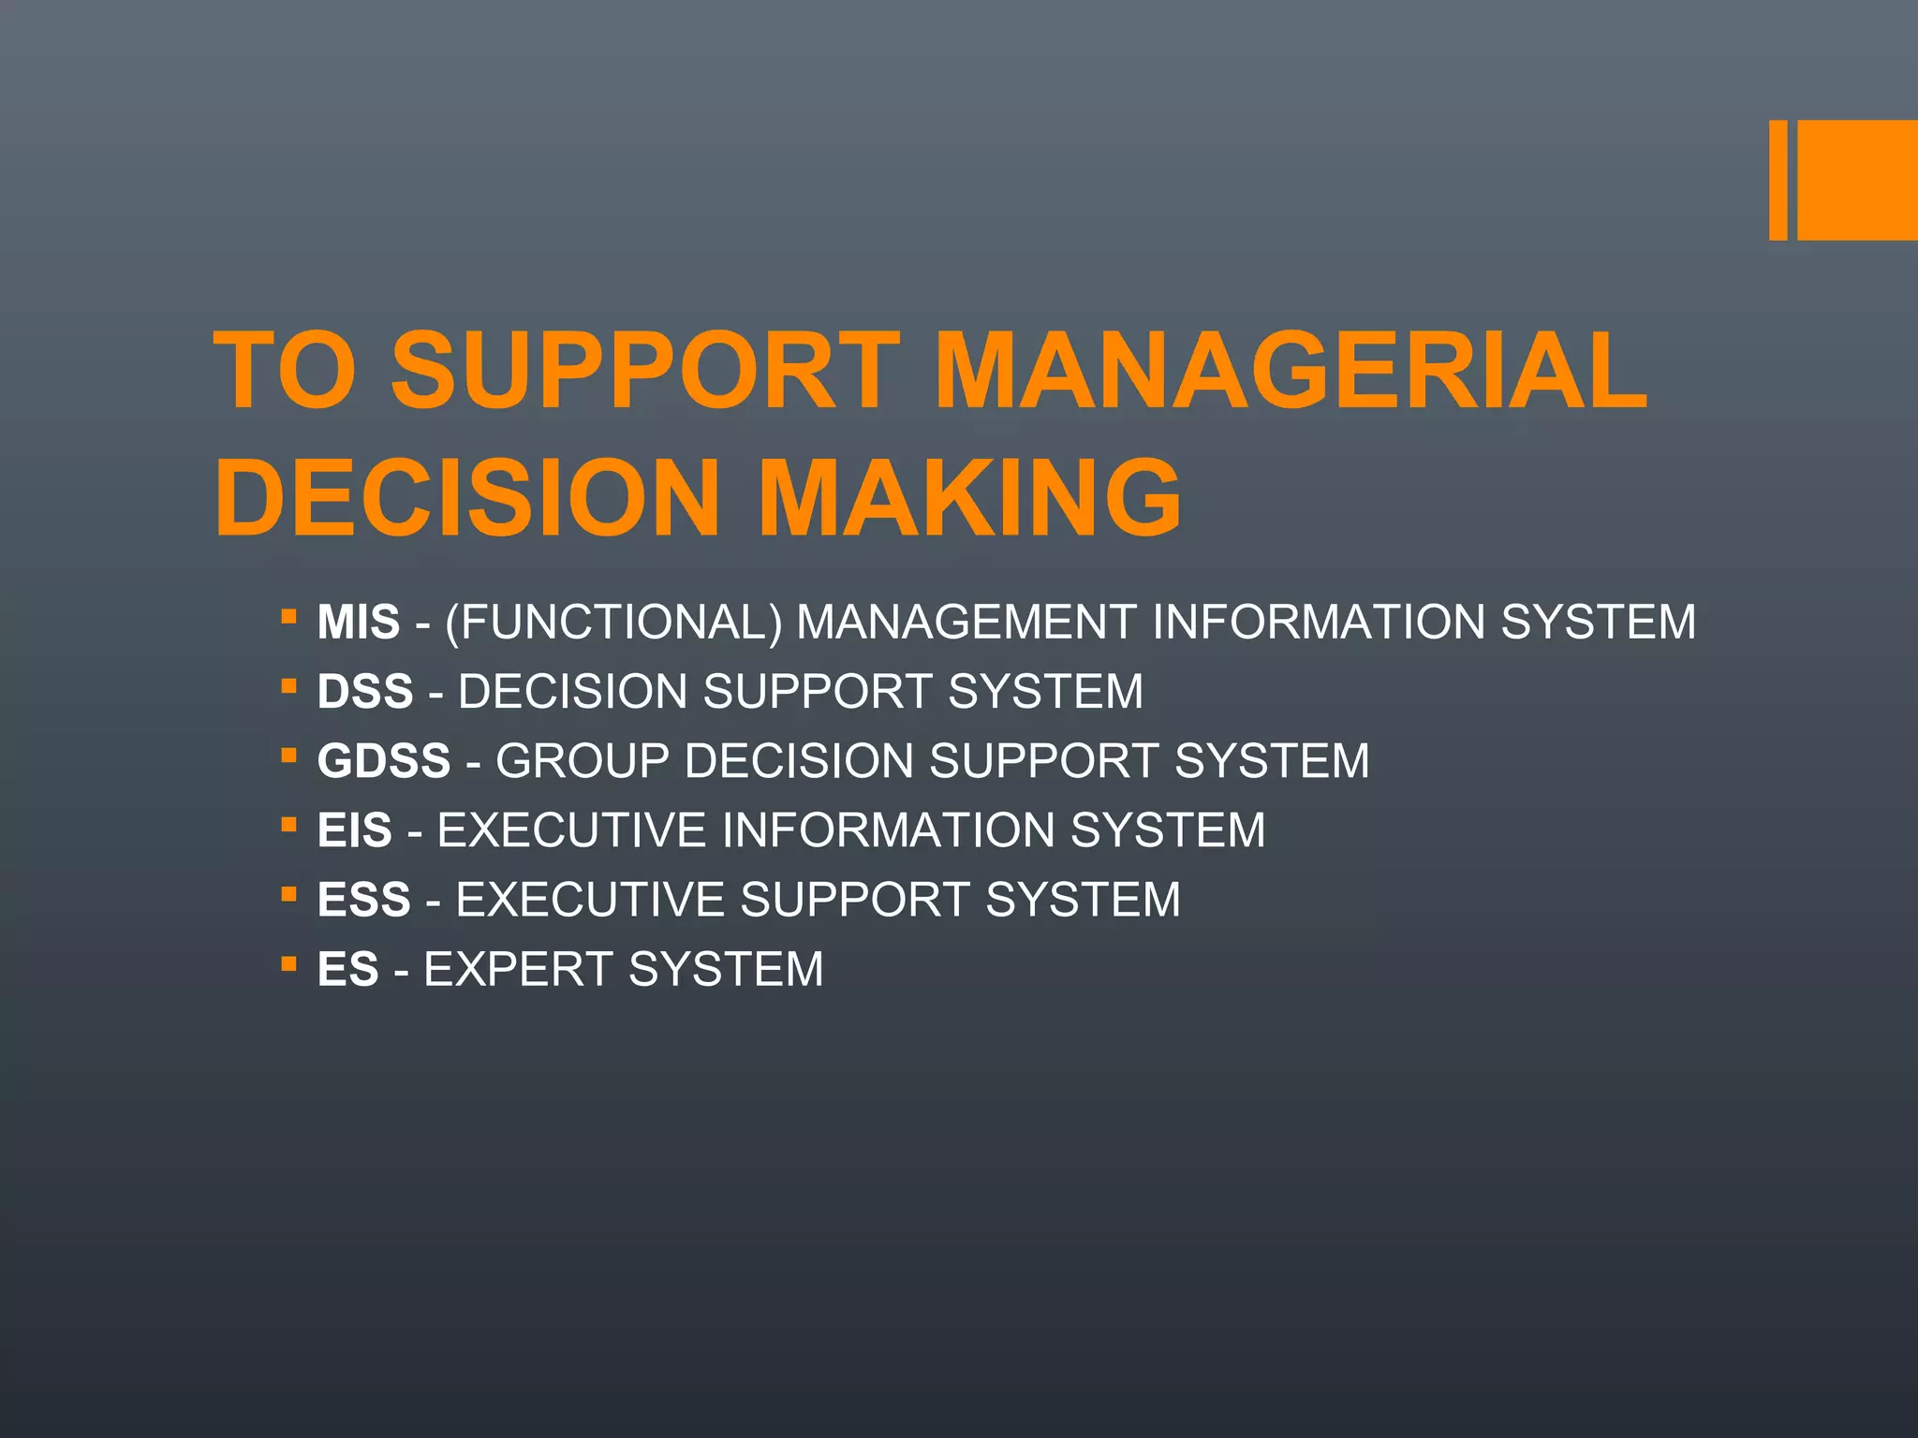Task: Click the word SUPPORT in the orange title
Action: [645, 372]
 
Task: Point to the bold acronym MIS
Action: [359, 623]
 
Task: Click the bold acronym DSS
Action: [365, 692]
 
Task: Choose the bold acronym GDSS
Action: [384, 761]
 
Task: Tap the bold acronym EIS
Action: [355, 830]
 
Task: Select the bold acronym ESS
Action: [364, 900]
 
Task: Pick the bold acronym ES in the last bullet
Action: [348, 969]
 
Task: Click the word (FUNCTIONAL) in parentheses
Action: [613, 623]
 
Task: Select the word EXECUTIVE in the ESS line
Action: [590, 900]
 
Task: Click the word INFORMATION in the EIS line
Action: [889, 830]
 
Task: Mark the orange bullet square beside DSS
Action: [288, 687]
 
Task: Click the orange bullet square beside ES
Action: [288, 964]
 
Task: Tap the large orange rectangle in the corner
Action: [1857, 180]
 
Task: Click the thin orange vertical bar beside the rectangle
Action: [1778, 180]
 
